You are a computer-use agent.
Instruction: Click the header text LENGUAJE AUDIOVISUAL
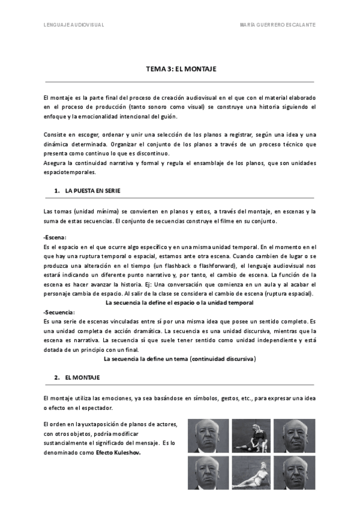(74, 25)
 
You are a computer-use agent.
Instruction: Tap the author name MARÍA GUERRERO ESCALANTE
(277, 25)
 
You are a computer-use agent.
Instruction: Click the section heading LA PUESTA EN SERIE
(92, 191)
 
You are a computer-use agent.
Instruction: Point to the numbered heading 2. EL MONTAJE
(77, 378)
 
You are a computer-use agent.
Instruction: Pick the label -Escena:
(55, 238)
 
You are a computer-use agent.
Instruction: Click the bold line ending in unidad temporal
(179, 303)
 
